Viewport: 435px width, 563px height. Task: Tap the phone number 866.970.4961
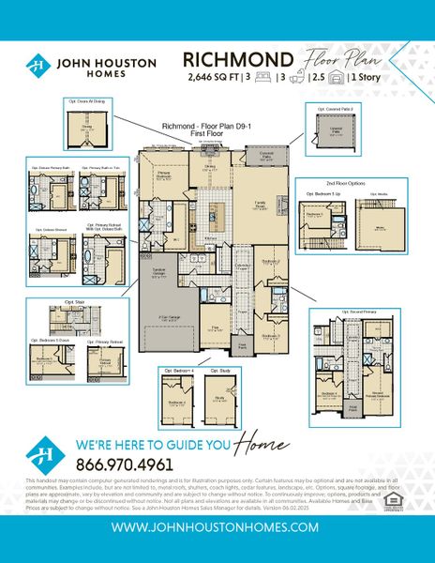coord(124,464)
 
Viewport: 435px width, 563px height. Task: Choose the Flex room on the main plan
coord(216,330)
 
